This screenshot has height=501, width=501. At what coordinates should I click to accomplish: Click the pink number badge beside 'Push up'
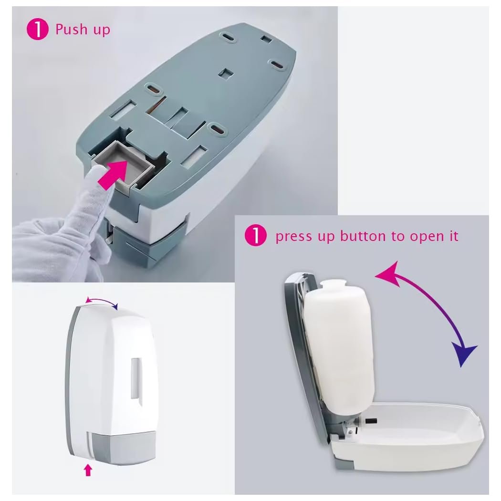(37, 30)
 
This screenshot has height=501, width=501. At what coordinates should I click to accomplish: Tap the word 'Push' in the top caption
(72, 30)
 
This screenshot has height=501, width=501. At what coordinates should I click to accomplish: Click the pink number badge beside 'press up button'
(256, 235)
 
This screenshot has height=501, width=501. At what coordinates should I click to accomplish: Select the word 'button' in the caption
(363, 236)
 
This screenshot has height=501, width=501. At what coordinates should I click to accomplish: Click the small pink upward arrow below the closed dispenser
(88, 470)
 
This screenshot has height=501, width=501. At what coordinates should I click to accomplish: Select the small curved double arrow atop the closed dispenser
(102, 301)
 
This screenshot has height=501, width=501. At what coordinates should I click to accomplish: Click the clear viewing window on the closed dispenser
(136, 378)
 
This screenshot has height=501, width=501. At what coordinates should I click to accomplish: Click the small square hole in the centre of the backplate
(226, 73)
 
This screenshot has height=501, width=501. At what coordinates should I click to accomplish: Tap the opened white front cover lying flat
(406, 436)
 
